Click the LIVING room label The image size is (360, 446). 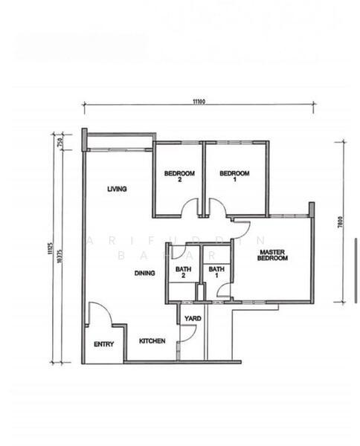pyautogui.click(x=117, y=189)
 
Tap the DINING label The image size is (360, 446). pyautogui.click(x=145, y=273)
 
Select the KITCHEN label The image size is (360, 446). pyautogui.click(x=152, y=341)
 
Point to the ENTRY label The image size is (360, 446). pyautogui.click(x=103, y=344)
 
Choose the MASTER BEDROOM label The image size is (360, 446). pyautogui.click(x=273, y=256)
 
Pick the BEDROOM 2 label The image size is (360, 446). pyautogui.click(x=179, y=177)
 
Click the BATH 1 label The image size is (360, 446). pyautogui.click(x=216, y=273)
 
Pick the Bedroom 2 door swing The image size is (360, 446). pyautogui.click(x=190, y=209)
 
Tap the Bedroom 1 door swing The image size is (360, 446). pyautogui.click(x=217, y=208)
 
